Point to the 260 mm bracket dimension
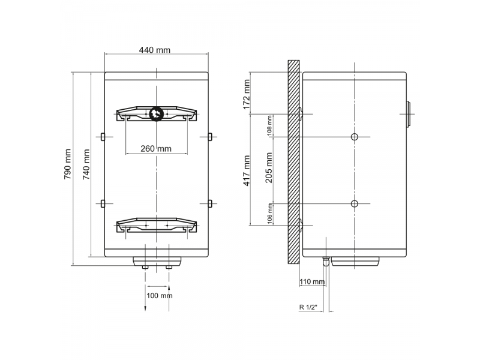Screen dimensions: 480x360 pos(156,148)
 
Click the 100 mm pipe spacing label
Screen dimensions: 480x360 pos(159,295)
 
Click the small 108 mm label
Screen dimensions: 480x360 pos(270,124)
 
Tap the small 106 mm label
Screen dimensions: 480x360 pos(270,213)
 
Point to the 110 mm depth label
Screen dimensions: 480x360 pos(311,281)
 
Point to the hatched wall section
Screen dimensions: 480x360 pos(293,162)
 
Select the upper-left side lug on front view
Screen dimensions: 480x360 pos(103,137)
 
